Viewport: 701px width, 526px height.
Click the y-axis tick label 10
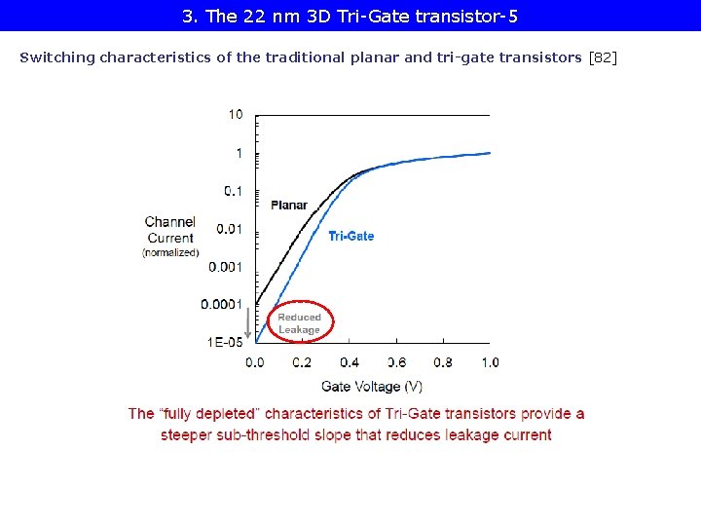[x=236, y=114]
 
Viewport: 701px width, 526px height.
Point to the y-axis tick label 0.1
[x=234, y=191]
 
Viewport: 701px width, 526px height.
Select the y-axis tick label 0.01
[x=230, y=229]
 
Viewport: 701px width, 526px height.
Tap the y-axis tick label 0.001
[x=226, y=267]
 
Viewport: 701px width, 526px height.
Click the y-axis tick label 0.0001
[x=222, y=305]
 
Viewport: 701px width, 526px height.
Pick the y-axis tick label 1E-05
[x=226, y=342]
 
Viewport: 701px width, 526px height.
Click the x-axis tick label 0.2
[x=302, y=362]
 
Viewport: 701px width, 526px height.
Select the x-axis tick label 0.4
[x=349, y=362]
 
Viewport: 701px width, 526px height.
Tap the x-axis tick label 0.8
[x=443, y=362]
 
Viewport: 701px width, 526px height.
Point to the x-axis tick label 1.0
[x=490, y=362]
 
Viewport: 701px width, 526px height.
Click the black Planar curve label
[x=289, y=206]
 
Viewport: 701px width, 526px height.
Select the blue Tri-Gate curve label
[x=351, y=236]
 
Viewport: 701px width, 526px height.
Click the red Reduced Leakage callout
[x=299, y=323]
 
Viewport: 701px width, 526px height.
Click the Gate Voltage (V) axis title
[x=372, y=387]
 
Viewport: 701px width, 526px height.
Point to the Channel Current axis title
[x=170, y=230]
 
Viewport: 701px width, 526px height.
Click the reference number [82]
[x=604, y=57]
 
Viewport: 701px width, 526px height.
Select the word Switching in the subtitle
[x=57, y=57]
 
